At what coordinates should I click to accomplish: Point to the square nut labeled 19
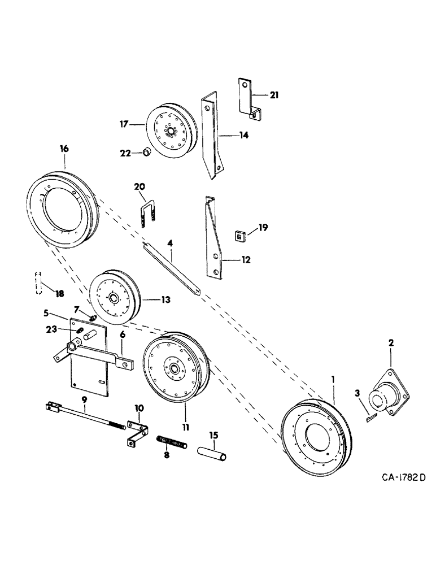[240, 234]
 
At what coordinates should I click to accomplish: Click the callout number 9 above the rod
[84, 399]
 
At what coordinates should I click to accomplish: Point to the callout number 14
[244, 135]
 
